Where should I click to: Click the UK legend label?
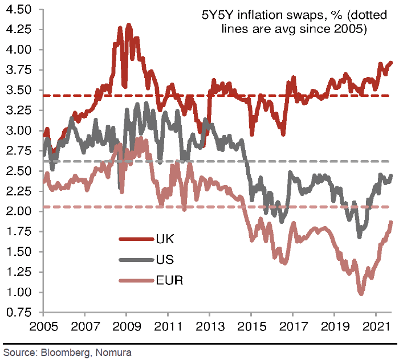coord(165,239)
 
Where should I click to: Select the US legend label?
coord(165,260)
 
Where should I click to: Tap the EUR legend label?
coord(169,280)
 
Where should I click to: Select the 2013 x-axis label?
coord(209,329)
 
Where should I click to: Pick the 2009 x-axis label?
coord(125,329)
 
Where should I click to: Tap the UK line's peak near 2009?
coord(128,25)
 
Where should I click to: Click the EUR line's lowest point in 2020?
coord(361,294)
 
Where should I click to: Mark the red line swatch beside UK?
coord(135,239)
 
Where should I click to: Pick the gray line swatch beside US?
coord(135,260)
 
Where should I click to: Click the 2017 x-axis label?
coord(292,329)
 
